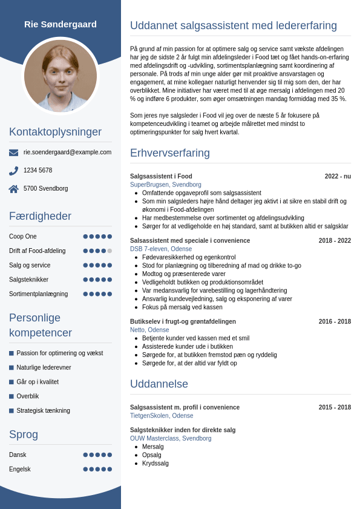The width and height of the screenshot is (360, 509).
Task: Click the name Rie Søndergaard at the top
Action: click(61, 24)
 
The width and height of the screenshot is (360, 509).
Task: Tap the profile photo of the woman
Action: click(61, 75)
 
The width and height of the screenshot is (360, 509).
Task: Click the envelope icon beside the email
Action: click(13, 153)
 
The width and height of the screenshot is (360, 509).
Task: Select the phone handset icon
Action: click(13, 171)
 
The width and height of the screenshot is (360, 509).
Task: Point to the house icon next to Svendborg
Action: click(13, 189)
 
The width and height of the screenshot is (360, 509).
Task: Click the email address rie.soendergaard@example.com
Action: click(67, 153)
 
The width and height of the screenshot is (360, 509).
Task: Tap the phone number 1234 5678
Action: click(38, 171)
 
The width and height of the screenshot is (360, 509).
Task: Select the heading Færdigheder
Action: click(40, 216)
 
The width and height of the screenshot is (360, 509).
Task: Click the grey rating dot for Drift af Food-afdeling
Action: click(110, 251)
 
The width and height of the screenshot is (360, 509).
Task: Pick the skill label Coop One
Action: click(23, 237)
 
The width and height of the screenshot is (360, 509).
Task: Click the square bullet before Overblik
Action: click(11, 396)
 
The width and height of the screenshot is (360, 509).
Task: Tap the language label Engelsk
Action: click(20, 469)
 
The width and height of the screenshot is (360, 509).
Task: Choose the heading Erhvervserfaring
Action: click(170, 153)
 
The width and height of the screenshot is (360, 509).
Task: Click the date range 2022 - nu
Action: click(338, 177)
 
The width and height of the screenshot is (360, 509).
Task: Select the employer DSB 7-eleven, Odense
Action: click(161, 249)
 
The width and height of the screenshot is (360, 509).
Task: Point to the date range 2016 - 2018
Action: click(335, 321)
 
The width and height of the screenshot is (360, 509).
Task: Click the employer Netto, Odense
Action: click(149, 330)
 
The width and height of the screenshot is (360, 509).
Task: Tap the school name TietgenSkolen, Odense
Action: click(162, 416)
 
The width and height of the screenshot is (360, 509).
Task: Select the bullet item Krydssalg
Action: click(155, 464)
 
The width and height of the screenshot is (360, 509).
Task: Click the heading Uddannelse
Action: click(159, 384)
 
